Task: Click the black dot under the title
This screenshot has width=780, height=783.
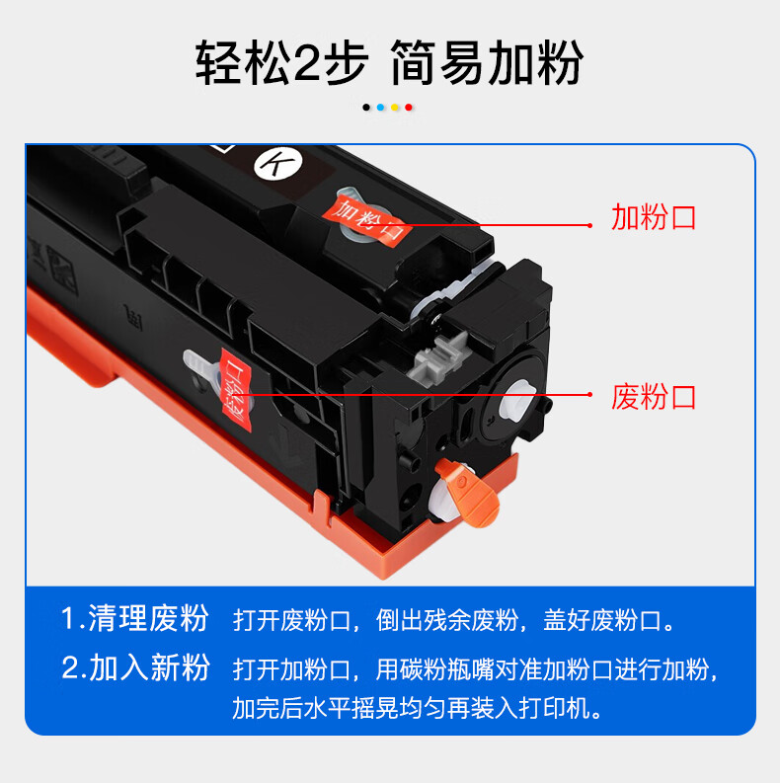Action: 366,108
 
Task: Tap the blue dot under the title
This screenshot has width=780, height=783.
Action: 380,108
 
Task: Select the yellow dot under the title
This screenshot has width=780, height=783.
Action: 395,108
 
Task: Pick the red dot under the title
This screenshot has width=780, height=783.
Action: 409,108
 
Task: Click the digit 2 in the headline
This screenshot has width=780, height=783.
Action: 306,63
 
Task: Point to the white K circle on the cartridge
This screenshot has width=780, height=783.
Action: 278,163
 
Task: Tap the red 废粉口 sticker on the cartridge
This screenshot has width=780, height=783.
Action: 236,389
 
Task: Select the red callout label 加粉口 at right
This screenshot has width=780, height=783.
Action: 654,217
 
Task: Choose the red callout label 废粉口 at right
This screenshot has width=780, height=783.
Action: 654,397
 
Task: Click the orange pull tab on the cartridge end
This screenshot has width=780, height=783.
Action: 469,492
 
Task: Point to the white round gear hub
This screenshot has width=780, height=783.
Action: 516,400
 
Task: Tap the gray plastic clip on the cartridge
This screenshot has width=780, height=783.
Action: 438,357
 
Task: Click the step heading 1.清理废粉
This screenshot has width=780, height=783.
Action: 134,618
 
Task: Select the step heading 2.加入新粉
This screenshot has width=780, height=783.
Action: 135,667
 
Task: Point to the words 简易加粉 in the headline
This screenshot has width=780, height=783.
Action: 487,63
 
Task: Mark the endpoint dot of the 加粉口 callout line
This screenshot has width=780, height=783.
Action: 589,226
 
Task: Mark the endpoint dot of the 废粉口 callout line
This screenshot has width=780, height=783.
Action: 589,395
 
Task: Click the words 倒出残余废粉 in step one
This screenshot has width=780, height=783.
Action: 447,620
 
